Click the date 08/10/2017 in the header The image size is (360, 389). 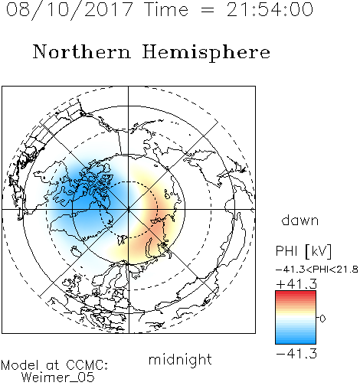[69, 9]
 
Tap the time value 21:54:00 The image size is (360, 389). [270, 9]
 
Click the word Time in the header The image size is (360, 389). [166, 9]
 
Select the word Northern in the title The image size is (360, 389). [82, 51]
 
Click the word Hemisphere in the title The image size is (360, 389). [206, 53]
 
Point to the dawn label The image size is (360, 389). [300, 220]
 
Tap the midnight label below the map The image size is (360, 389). [180, 359]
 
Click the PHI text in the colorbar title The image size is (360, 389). [286, 251]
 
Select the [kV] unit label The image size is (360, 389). [319, 251]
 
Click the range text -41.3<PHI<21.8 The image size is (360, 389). [317, 270]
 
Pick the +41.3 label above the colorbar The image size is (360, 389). [296, 284]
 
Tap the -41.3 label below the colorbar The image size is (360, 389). [296, 354]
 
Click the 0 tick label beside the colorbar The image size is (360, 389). [322, 319]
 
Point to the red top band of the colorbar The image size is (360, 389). [296, 293]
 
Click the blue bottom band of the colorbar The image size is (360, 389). [296, 341]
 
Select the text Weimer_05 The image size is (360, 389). [57, 378]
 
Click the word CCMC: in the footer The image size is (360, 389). [87, 365]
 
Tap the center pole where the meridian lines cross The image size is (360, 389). [129, 209]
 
